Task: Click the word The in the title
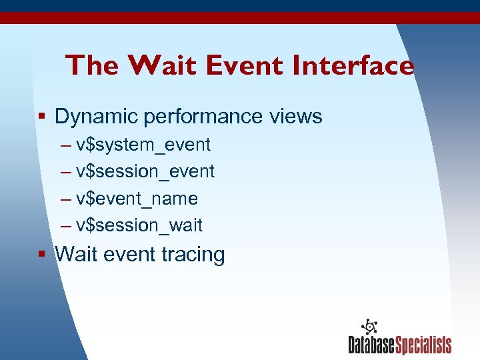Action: [92, 65]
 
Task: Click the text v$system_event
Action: [143, 145]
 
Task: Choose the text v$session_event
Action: [145, 172]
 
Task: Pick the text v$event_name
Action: [137, 199]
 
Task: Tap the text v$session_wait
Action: [139, 226]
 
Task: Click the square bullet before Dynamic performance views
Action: [41, 117]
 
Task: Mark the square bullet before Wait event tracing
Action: [41, 254]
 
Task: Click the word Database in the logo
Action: [371, 345]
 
